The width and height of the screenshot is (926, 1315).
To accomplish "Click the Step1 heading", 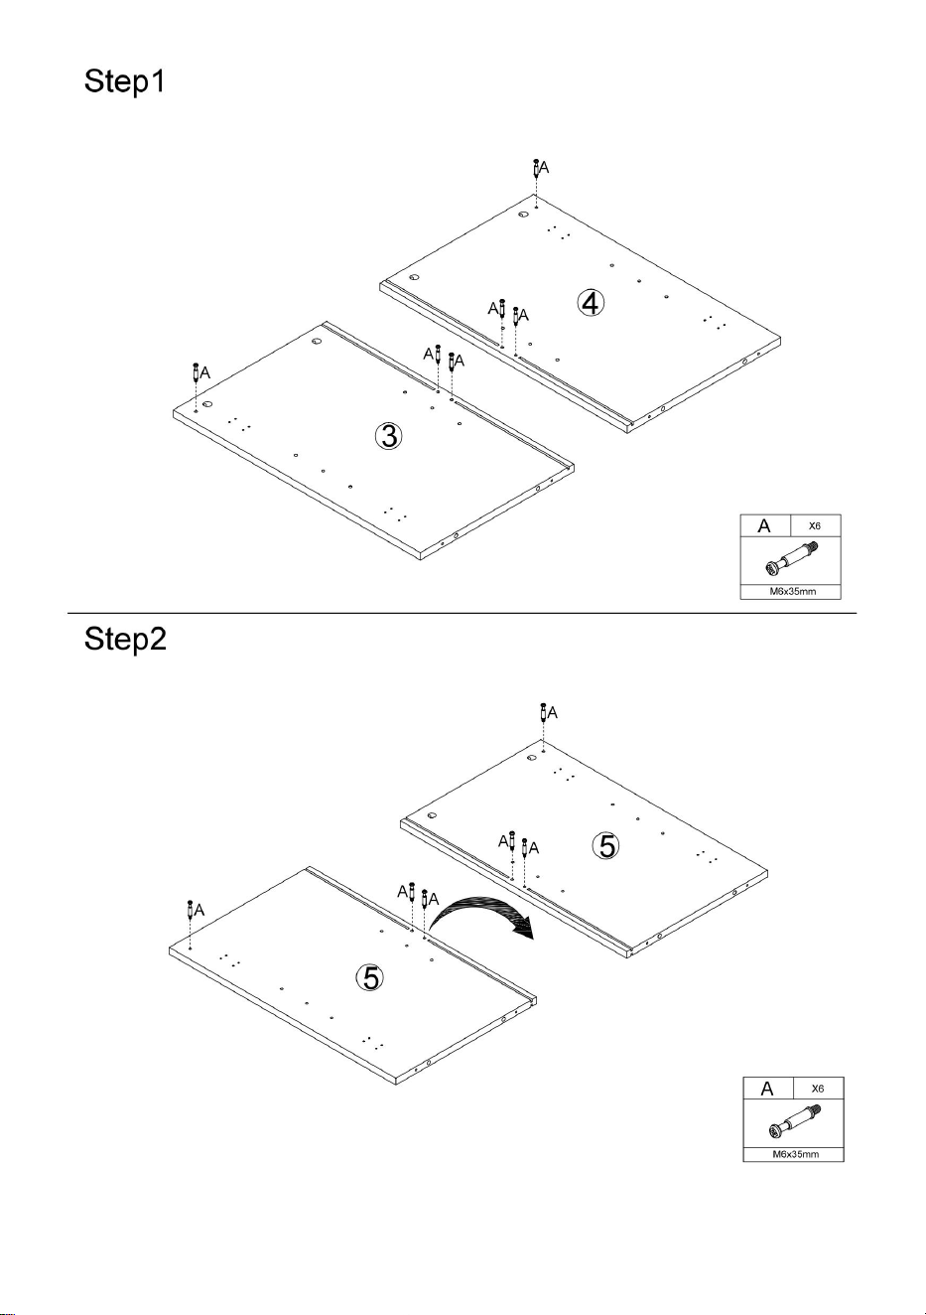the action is tap(124, 82).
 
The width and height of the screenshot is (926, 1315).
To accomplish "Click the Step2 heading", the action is tap(125, 640).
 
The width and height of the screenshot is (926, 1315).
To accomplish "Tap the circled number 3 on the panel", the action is tap(388, 436).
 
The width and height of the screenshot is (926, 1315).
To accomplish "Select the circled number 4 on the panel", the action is tap(591, 304).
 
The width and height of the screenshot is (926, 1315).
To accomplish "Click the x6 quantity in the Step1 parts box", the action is tap(815, 525).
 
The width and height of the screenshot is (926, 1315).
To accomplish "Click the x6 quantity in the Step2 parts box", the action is tap(818, 1089).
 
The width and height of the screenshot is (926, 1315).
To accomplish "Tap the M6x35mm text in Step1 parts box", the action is tap(793, 591).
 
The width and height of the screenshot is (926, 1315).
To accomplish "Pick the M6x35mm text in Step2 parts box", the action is tap(796, 1154).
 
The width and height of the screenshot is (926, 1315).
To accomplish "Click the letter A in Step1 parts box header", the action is tap(764, 526).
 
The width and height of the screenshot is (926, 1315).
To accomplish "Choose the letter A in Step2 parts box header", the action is tap(767, 1089).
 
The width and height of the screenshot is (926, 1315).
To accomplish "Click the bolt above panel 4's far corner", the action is tap(536, 169).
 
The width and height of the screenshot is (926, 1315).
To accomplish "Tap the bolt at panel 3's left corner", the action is tap(196, 372).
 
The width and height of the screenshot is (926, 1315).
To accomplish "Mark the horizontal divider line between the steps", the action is tap(462, 614).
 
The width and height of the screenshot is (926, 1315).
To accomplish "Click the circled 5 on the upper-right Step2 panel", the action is tap(606, 846).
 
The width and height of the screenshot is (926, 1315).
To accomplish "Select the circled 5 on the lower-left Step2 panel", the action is tap(371, 977).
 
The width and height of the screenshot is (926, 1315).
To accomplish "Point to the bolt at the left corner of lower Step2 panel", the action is tap(191, 910).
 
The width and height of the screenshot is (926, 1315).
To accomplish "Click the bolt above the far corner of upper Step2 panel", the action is tap(544, 713).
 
